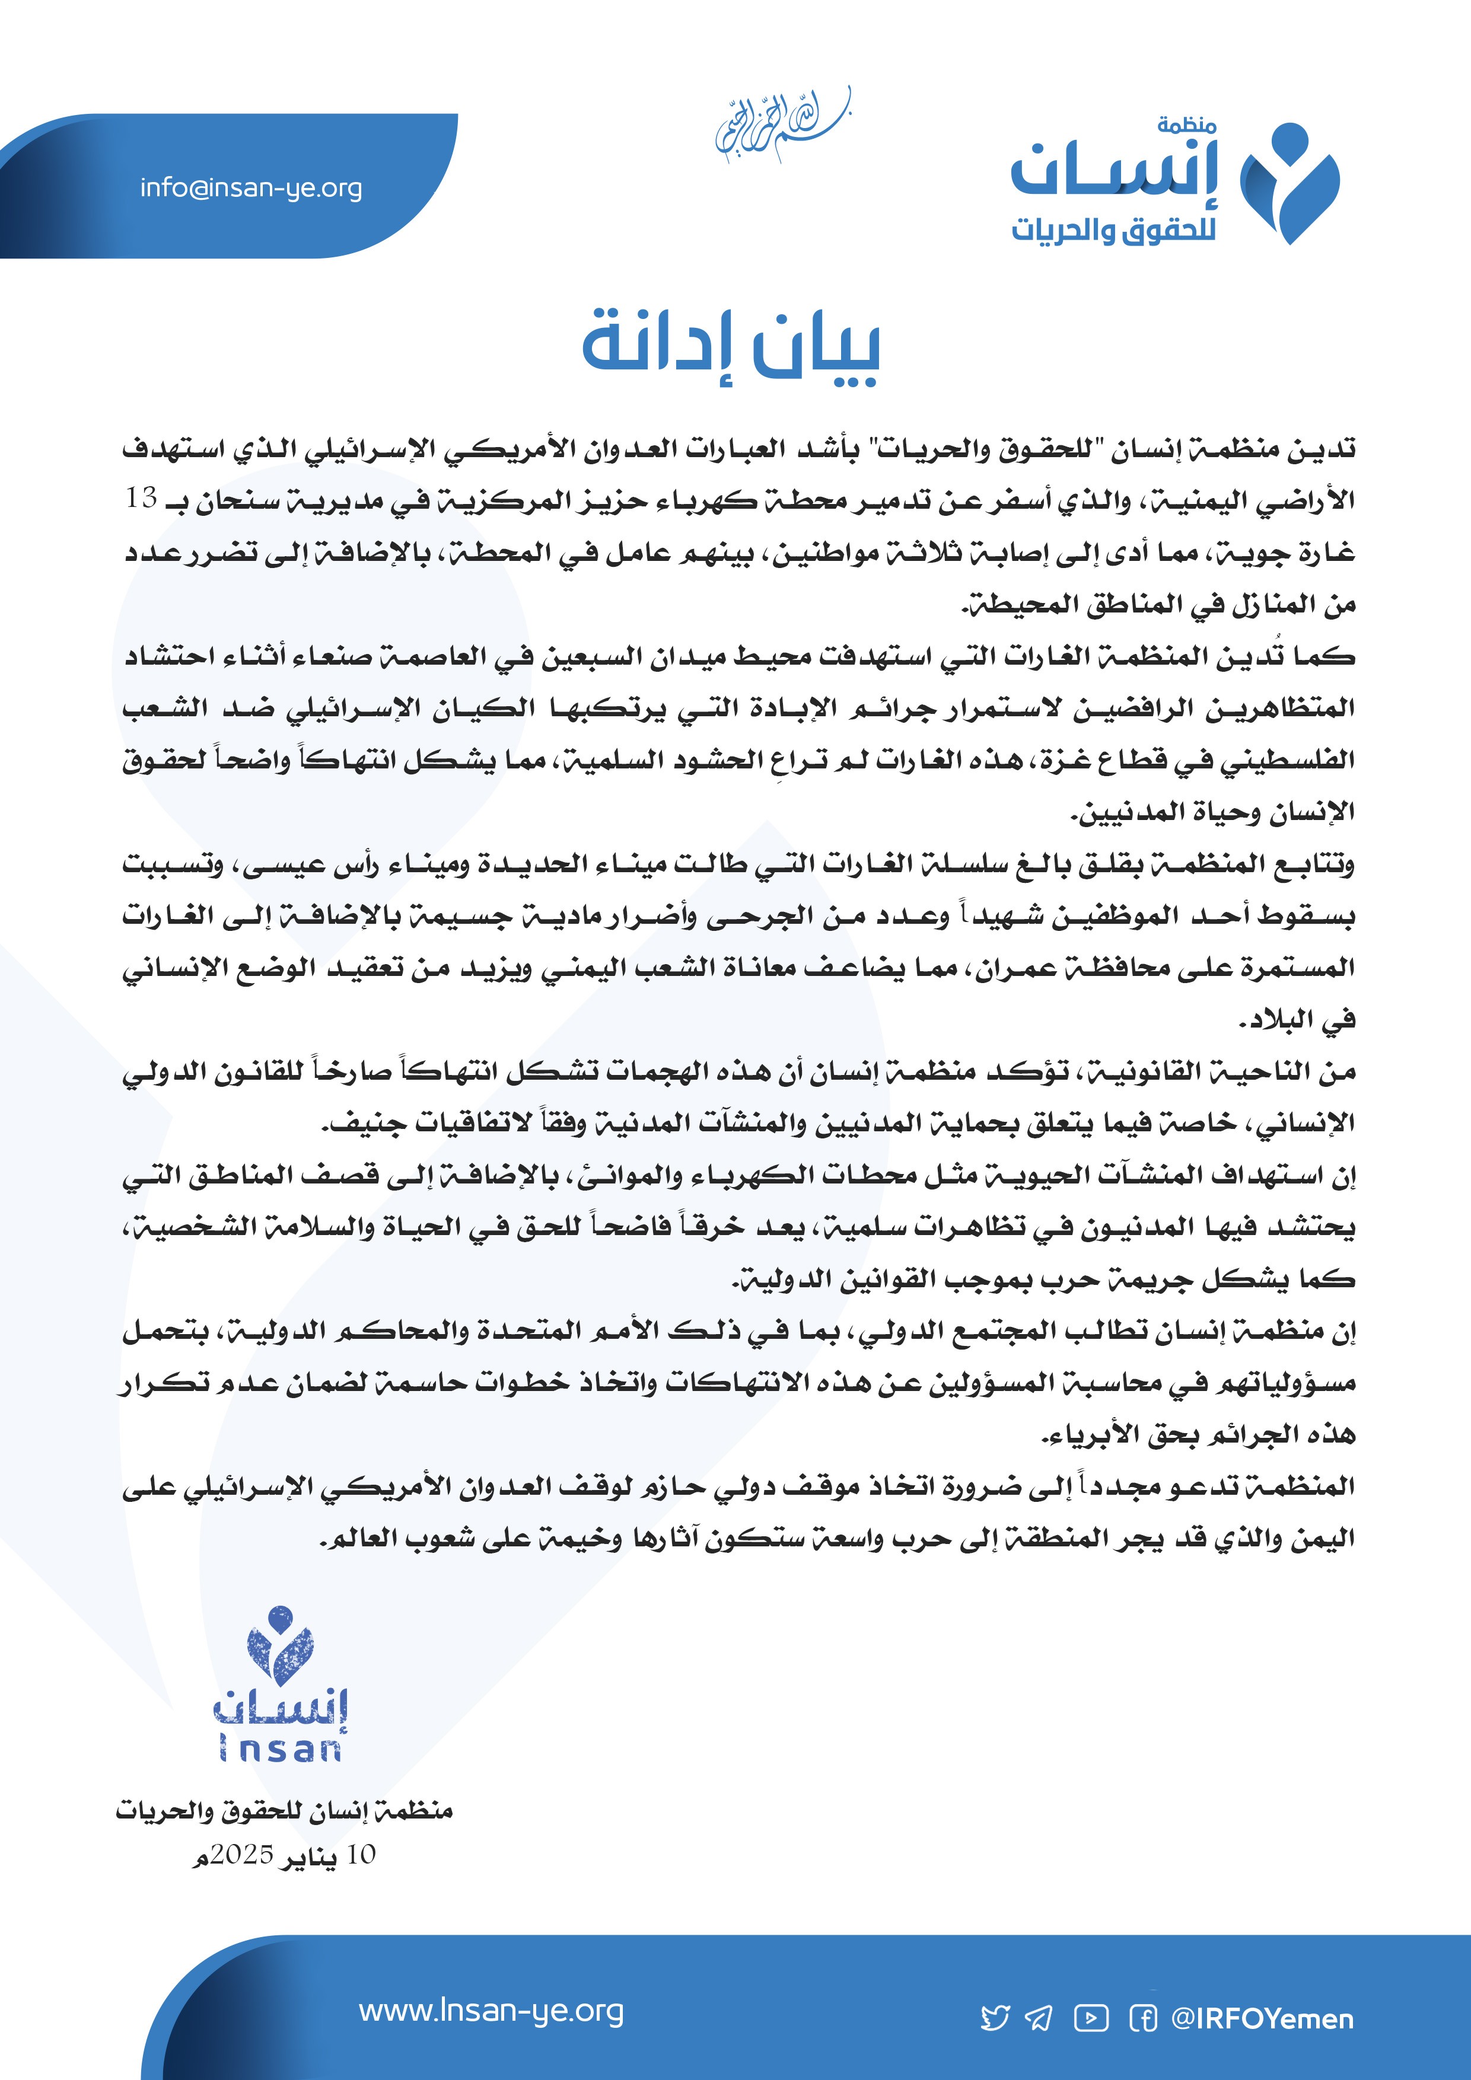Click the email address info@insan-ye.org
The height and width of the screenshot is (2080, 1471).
click(251, 189)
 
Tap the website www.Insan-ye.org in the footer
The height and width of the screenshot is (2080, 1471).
click(491, 2012)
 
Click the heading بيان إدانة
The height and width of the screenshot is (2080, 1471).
click(731, 347)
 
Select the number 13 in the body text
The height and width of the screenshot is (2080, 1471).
click(142, 498)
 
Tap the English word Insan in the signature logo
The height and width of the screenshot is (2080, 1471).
click(280, 1750)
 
